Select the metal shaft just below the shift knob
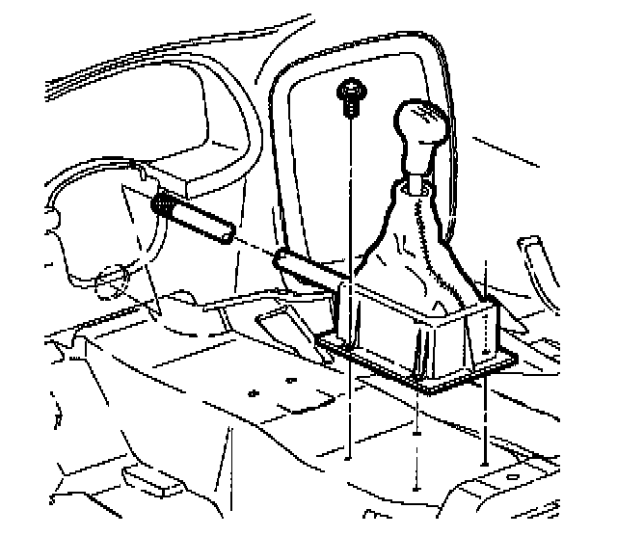point(417,180)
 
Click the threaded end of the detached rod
point(162,204)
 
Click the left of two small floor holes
point(253,394)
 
